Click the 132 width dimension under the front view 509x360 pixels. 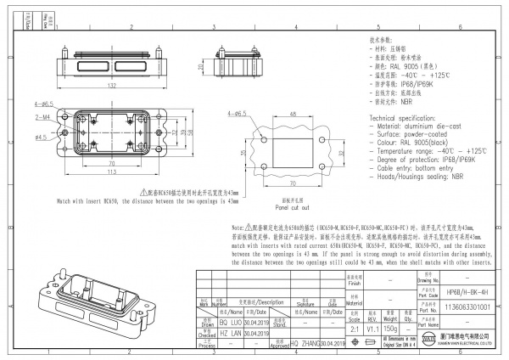(x=111, y=86)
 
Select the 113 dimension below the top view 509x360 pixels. (x=111, y=172)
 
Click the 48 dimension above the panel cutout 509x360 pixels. (x=292, y=113)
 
